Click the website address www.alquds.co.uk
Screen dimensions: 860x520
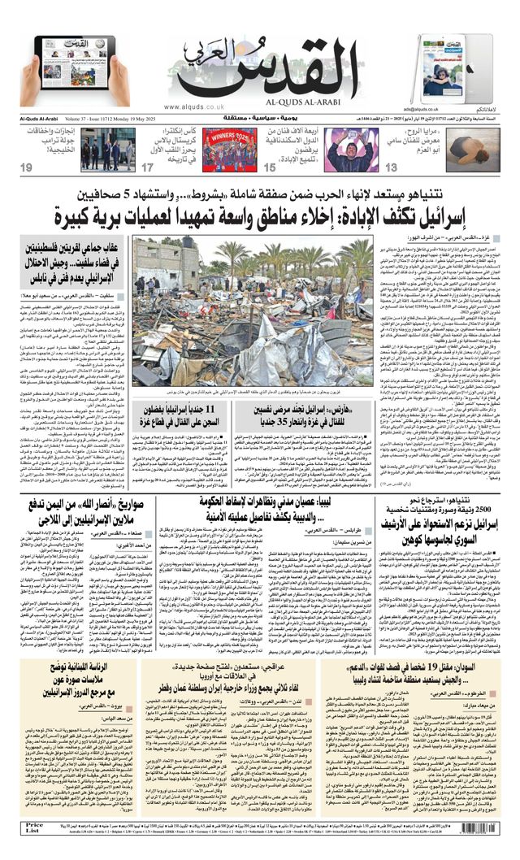point(195,106)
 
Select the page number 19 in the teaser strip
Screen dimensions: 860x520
point(28,167)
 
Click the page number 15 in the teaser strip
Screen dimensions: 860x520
point(270,167)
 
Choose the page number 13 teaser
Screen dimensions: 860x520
point(391,167)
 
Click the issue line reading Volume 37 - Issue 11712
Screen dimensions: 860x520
point(102,119)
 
